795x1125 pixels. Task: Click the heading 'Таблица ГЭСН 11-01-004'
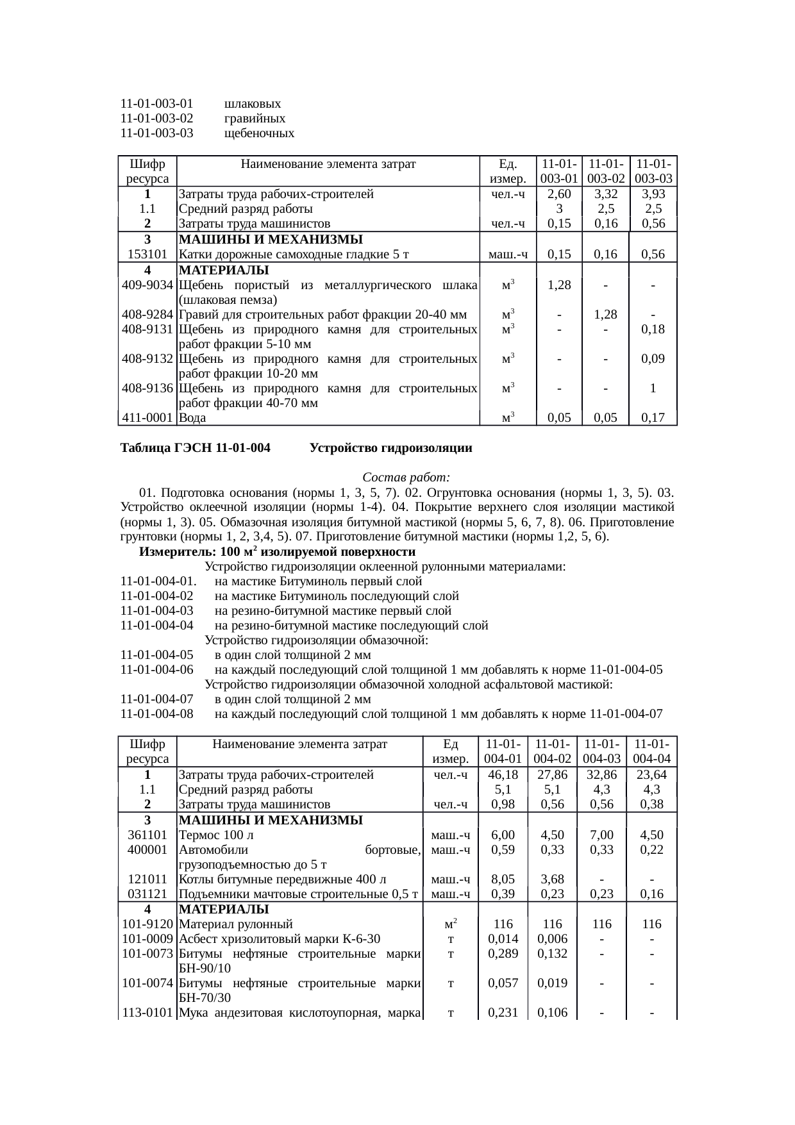click(196, 449)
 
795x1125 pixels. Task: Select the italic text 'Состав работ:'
click(406, 478)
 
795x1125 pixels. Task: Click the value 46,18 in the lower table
click(503, 775)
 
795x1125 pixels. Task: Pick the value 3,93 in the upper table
click(652, 194)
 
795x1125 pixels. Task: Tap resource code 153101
click(147, 254)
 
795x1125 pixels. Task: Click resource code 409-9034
click(147, 285)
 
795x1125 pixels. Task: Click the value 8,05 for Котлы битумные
click(503, 879)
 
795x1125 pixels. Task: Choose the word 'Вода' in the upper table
click(192, 418)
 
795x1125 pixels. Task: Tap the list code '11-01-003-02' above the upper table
click(157, 119)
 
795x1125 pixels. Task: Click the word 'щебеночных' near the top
click(259, 133)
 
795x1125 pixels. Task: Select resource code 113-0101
click(147, 1013)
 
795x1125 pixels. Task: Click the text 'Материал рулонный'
click(235, 924)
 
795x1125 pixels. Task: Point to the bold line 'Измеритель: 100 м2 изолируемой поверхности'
click(277, 552)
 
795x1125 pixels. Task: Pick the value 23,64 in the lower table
click(652, 775)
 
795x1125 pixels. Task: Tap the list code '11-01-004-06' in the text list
click(157, 671)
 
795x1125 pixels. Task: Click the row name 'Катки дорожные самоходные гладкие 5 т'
click(294, 254)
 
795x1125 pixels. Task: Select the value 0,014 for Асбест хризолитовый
click(503, 939)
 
